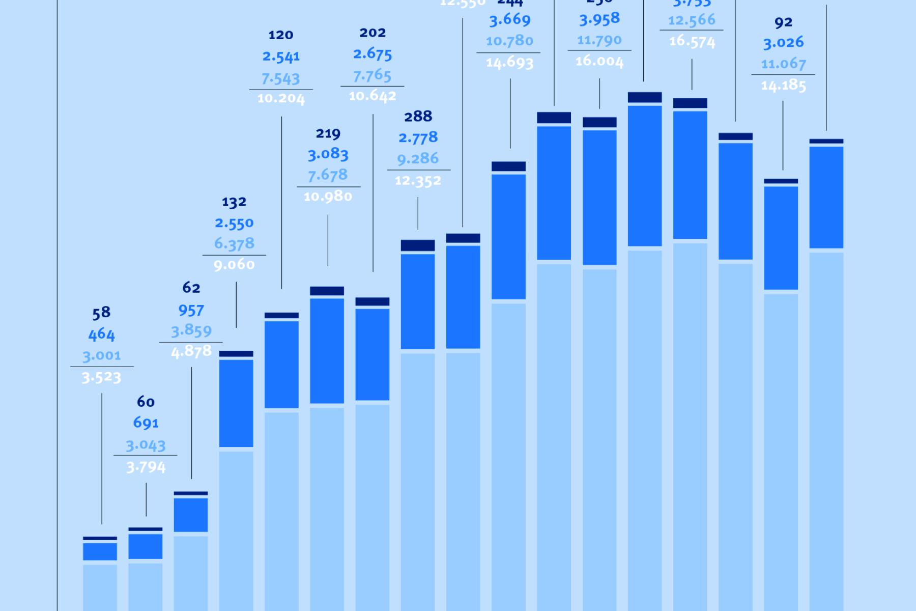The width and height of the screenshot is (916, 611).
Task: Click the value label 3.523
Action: [x=102, y=377]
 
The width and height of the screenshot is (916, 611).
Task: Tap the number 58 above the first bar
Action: [x=101, y=313]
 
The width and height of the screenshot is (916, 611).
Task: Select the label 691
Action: [x=146, y=423]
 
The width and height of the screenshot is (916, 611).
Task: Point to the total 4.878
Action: [x=191, y=351]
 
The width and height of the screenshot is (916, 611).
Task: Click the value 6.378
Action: [x=234, y=243]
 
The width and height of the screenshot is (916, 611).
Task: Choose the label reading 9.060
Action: [x=234, y=265]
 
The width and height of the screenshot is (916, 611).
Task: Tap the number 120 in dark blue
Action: [x=281, y=35]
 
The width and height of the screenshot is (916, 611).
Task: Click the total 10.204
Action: [x=281, y=99]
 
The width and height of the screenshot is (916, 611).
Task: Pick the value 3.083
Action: [x=328, y=154]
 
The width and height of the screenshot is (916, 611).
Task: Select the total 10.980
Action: [x=328, y=197]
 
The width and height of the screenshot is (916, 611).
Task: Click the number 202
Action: [x=373, y=33]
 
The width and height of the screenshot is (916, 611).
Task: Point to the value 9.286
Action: [x=418, y=159]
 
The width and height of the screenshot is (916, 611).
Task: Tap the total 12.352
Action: [x=418, y=181]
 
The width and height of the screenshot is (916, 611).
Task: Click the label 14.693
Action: [x=509, y=63]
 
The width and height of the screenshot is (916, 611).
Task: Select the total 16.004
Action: [x=599, y=62]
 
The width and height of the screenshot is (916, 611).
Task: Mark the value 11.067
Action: [x=783, y=64]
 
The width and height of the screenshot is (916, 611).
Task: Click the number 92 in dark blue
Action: [x=783, y=22]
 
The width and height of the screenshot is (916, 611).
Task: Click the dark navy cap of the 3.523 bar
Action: [x=100, y=538]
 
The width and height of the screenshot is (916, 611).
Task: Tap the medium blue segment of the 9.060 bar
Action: [x=236, y=403]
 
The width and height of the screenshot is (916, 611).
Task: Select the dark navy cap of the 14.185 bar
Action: [x=781, y=181]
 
